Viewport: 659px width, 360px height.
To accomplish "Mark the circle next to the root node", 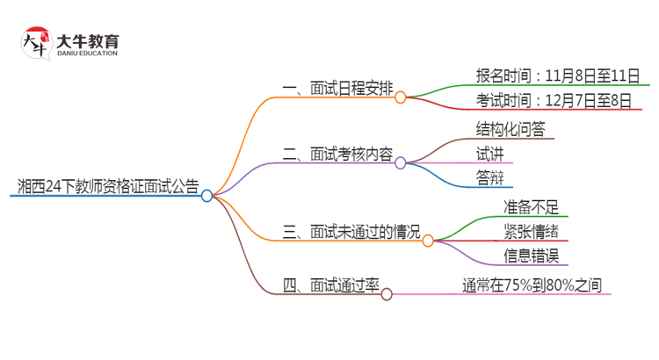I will click(x=206, y=196).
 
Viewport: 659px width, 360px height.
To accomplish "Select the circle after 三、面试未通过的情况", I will click(x=428, y=241).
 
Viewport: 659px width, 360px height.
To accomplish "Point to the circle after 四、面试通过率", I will click(x=386, y=294).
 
